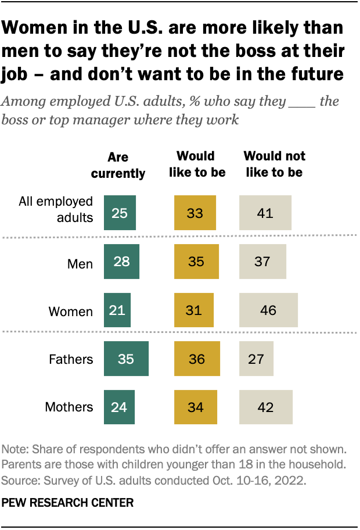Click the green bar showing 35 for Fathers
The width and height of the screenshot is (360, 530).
(x=126, y=359)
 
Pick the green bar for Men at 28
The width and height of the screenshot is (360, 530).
(x=121, y=262)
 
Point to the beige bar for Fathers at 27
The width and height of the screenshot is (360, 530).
(x=256, y=359)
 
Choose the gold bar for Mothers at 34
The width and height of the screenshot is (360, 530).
(x=196, y=406)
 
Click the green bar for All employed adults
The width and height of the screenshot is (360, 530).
(x=120, y=213)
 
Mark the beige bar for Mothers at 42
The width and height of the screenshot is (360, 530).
(x=266, y=406)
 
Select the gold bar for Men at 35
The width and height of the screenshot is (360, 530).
(x=196, y=262)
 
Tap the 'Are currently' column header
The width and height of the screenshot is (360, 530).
(x=118, y=165)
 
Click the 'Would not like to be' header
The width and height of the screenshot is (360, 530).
(x=274, y=164)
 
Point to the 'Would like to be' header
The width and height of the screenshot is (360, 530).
(x=196, y=164)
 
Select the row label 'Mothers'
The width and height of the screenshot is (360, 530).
(x=69, y=407)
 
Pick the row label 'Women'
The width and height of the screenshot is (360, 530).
(x=70, y=311)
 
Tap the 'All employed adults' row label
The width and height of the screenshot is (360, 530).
(x=64, y=209)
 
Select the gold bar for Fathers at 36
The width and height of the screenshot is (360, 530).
(x=197, y=359)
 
